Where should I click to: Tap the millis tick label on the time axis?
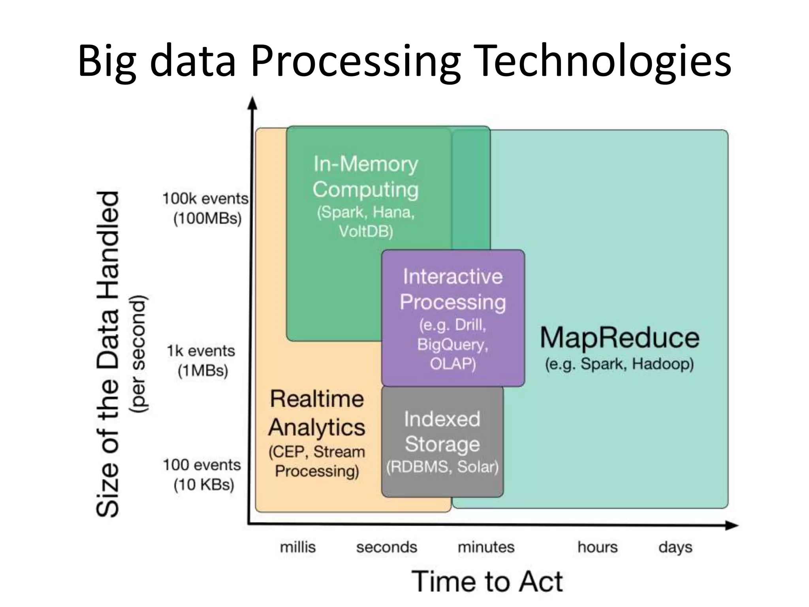click(x=298, y=547)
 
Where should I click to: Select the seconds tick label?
click(x=386, y=547)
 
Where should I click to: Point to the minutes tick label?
click(x=486, y=547)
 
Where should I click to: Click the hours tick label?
click(x=597, y=547)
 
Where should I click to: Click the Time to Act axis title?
click(x=487, y=582)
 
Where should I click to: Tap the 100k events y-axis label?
click(x=205, y=199)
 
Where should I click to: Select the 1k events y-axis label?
click(x=201, y=351)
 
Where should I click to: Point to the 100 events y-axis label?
click(x=201, y=465)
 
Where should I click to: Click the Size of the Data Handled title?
click(x=108, y=354)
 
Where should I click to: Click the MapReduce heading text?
click(x=619, y=338)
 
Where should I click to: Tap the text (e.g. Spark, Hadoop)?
click(x=619, y=364)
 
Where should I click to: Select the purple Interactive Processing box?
click(x=453, y=318)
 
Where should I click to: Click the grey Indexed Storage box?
click(x=442, y=442)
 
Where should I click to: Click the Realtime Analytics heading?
click(x=317, y=413)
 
